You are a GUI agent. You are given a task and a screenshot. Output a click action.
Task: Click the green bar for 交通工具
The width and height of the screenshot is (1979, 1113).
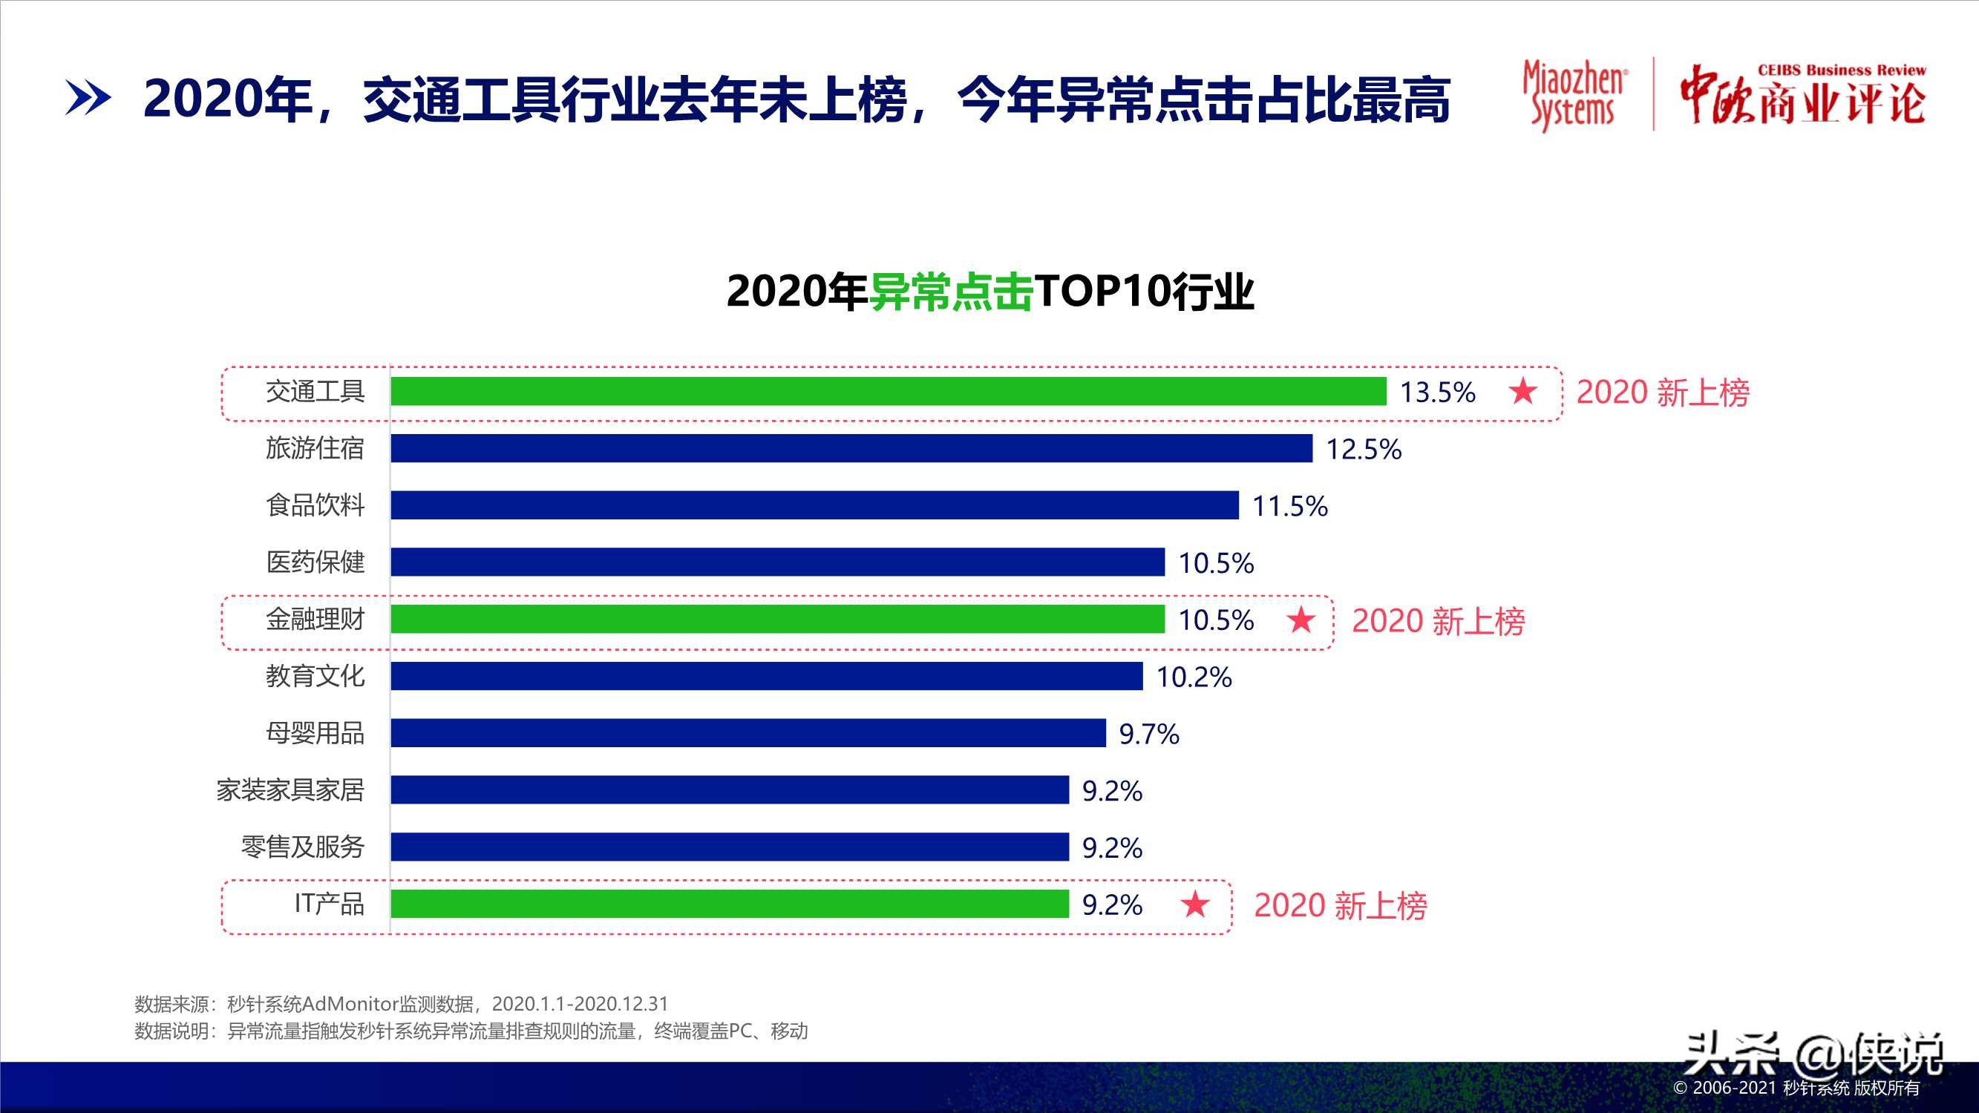[x=887, y=391]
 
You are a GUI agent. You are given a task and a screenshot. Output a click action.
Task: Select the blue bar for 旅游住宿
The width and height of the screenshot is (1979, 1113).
[x=851, y=448]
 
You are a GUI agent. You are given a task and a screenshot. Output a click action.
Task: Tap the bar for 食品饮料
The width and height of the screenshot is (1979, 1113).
[x=814, y=505]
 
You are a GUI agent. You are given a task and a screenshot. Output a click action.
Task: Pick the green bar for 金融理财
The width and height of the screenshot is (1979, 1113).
[x=777, y=619]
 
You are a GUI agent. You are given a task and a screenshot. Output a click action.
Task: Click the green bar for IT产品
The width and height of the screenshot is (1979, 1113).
[x=730, y=903]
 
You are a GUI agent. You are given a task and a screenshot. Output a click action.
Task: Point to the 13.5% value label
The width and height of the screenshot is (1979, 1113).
[x=1436, y=393]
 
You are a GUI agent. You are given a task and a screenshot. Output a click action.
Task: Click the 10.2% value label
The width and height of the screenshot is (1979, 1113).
[x=1193, y=677]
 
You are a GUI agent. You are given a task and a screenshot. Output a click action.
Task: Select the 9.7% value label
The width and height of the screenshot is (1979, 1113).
[x=1148, y=734]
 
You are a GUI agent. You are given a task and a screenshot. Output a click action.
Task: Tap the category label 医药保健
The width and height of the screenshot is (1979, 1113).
[x=315, y=562]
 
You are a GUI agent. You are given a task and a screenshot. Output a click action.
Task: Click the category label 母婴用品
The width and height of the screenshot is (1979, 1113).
[x=315, y=734]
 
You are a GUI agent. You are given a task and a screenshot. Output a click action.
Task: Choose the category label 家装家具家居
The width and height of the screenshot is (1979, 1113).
[x=290, y=790]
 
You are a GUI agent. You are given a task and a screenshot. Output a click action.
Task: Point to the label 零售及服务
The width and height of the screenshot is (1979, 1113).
[x=303, y=847]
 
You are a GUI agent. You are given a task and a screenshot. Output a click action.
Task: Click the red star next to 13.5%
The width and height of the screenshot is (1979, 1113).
[x=1522, y=392]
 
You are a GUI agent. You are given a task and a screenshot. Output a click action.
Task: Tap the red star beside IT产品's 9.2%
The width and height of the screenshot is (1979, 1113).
[x=1194, y=904]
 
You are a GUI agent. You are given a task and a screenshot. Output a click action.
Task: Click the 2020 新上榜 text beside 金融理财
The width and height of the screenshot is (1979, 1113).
[x=1438, y=620]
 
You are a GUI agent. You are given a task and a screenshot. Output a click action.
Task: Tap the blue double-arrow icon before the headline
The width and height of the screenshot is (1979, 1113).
[x=88, y=99]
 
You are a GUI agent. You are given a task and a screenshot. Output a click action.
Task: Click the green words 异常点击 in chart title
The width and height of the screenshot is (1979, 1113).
[x=950, y=292]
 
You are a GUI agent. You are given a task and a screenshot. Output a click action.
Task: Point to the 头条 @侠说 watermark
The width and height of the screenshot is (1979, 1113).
[x=1813, y=1054]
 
